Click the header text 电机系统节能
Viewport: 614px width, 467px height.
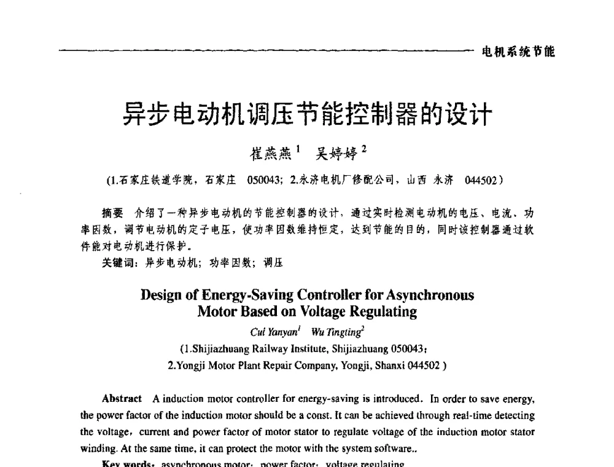518,52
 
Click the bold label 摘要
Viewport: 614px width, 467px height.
112,214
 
